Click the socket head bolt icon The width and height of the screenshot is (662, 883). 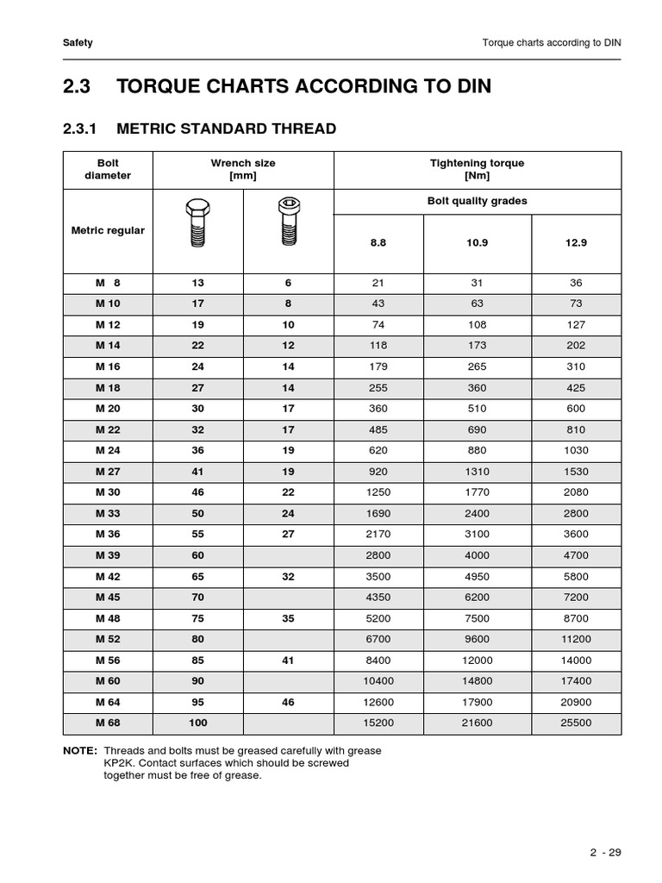(x=288, y=223)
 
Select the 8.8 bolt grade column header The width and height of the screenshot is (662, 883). (x=378, y=243)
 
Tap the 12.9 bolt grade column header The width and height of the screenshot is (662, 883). (x=577, y=243)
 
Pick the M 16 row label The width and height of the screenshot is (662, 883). (x=109, y=366)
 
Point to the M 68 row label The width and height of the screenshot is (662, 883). (x=109, y=723)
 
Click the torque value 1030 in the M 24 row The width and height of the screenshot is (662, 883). (x=577, y=450)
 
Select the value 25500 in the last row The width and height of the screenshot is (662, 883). (x=577, y=723)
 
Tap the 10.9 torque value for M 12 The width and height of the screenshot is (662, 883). (x=477, y=325)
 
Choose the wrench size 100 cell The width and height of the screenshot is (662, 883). (x=197, y=723)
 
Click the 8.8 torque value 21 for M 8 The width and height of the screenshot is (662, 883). (x=378, y=283)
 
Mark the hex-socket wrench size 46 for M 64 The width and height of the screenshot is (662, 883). (x=288, y=702)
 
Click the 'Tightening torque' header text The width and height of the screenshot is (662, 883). (x=477, y=163)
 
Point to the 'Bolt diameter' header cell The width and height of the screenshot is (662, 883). (x=109, y=169)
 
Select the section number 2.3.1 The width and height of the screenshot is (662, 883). (x=83, y=128)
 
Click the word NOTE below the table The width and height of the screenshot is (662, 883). (x=79, y=751)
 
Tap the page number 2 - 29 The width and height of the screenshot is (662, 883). (x=606, y=853)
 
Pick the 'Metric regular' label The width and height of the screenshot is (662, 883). (x=109, y=230)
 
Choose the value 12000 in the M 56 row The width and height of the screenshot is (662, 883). (x=477, y=661)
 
